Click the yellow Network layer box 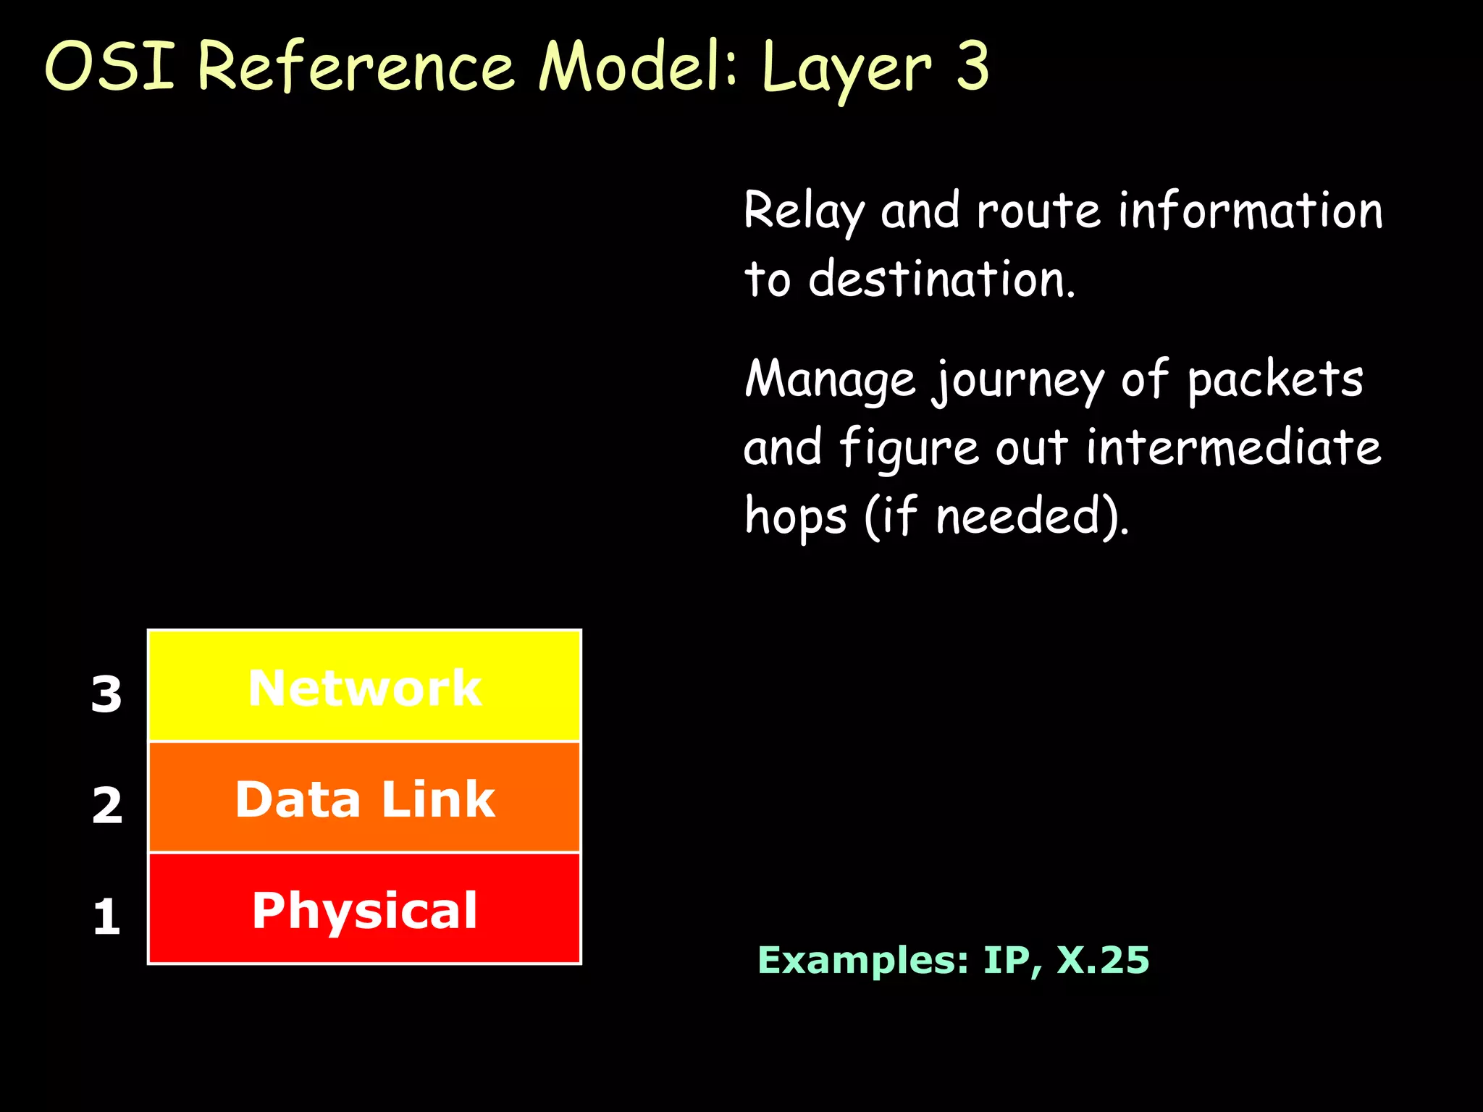tap(364, 686)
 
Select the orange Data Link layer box tap(364, 798)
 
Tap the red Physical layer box tap(364, 909)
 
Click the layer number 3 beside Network tap(106, 694)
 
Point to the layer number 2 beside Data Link tap(107, 805)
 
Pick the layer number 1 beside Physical tap(106, 917)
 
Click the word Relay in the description tap(804, 211)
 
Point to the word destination tap(941, 279)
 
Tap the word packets tap(1275, 379)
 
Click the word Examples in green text tap(862, 960)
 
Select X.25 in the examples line tap(1103, 960)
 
